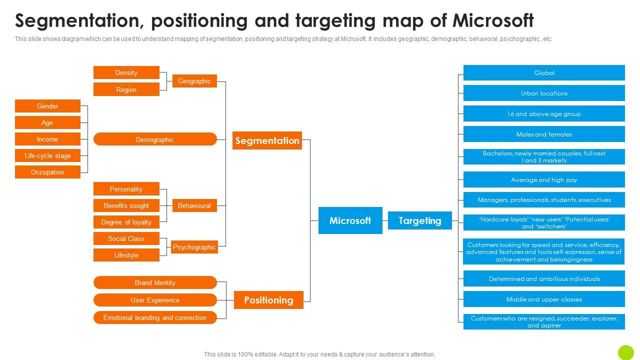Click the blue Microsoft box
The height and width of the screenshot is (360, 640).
point(350,220)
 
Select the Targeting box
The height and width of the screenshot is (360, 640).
point(419,220)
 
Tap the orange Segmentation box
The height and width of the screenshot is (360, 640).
point(267,140)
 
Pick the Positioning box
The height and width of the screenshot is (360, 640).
point(268,300)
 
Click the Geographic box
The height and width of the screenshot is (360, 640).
point(194,81)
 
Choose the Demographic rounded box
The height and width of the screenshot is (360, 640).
point(155,139)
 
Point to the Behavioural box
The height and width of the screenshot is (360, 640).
point(194,205)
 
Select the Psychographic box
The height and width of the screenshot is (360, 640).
point(194,247)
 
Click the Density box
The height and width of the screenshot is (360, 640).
point(126,72)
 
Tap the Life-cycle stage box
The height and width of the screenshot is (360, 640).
point(47,155)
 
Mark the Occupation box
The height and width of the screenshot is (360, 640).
point(47,172)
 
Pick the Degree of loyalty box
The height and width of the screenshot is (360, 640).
point(126,222)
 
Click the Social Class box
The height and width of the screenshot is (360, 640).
point(126,238)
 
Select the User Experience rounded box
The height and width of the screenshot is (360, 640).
point(155,300)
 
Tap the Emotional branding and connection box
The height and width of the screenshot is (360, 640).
point(155,317)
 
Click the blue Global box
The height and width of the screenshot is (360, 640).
point(544,72)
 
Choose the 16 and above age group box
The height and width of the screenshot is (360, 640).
point(544,113)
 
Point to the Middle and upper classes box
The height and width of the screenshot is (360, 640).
point(544,299)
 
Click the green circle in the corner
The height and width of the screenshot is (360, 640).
point(625,352)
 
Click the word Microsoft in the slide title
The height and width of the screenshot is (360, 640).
point(493,21)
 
